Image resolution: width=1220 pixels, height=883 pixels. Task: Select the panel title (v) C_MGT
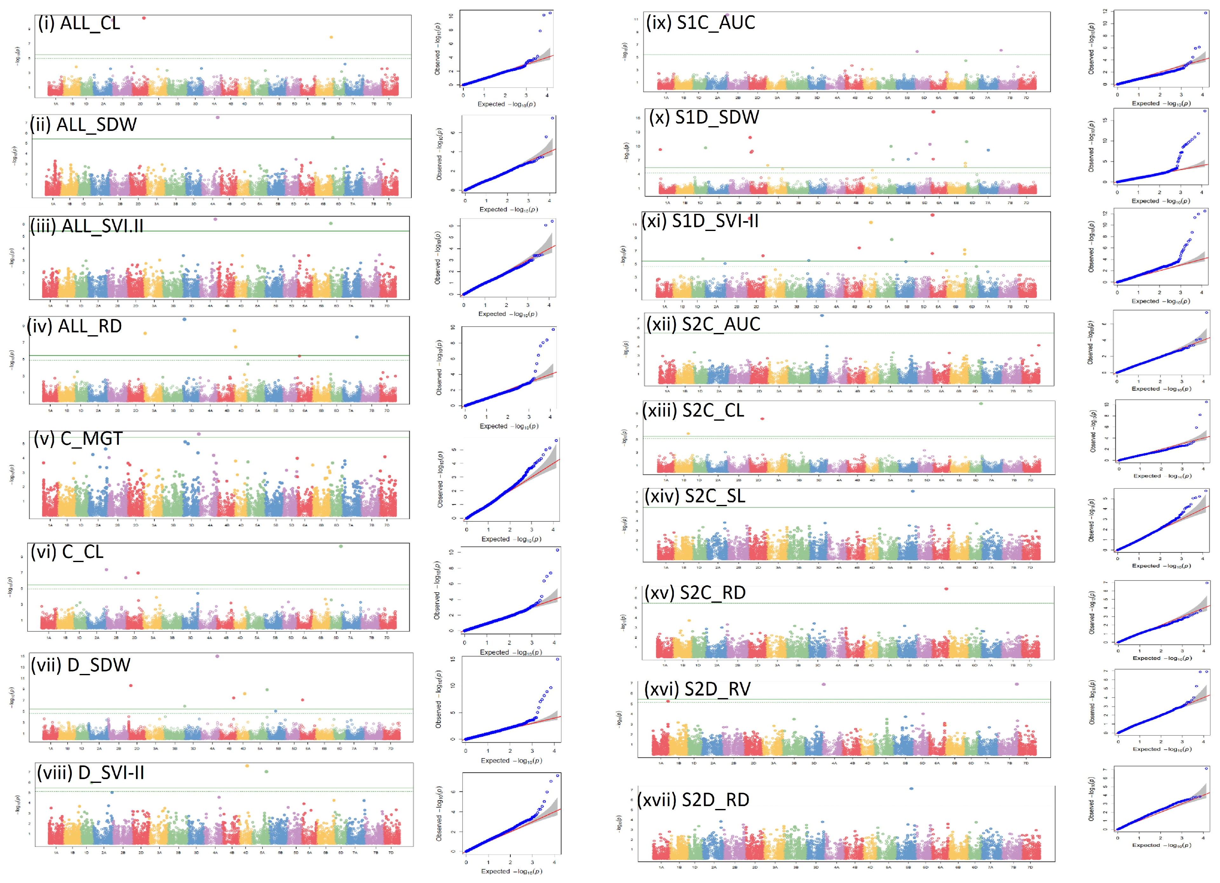[78, 438]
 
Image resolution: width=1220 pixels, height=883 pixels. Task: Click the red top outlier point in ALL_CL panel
[144, 18]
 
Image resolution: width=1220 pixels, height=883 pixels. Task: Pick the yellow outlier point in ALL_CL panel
[331, 37]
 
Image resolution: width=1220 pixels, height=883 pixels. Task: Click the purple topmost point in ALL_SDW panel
[217, 117]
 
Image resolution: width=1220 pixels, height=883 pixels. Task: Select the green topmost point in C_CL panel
[341, 546]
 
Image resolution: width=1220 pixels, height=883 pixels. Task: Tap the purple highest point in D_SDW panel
[217, 656]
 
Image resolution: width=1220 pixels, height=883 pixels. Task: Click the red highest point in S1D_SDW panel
[933, 112]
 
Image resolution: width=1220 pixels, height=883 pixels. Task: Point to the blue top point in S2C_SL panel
[912, 491]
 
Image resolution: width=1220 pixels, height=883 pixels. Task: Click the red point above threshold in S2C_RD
[946, 589]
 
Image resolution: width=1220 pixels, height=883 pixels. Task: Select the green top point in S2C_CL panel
[981, 404]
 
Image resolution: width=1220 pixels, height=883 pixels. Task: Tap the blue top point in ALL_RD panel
[185, 320]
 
